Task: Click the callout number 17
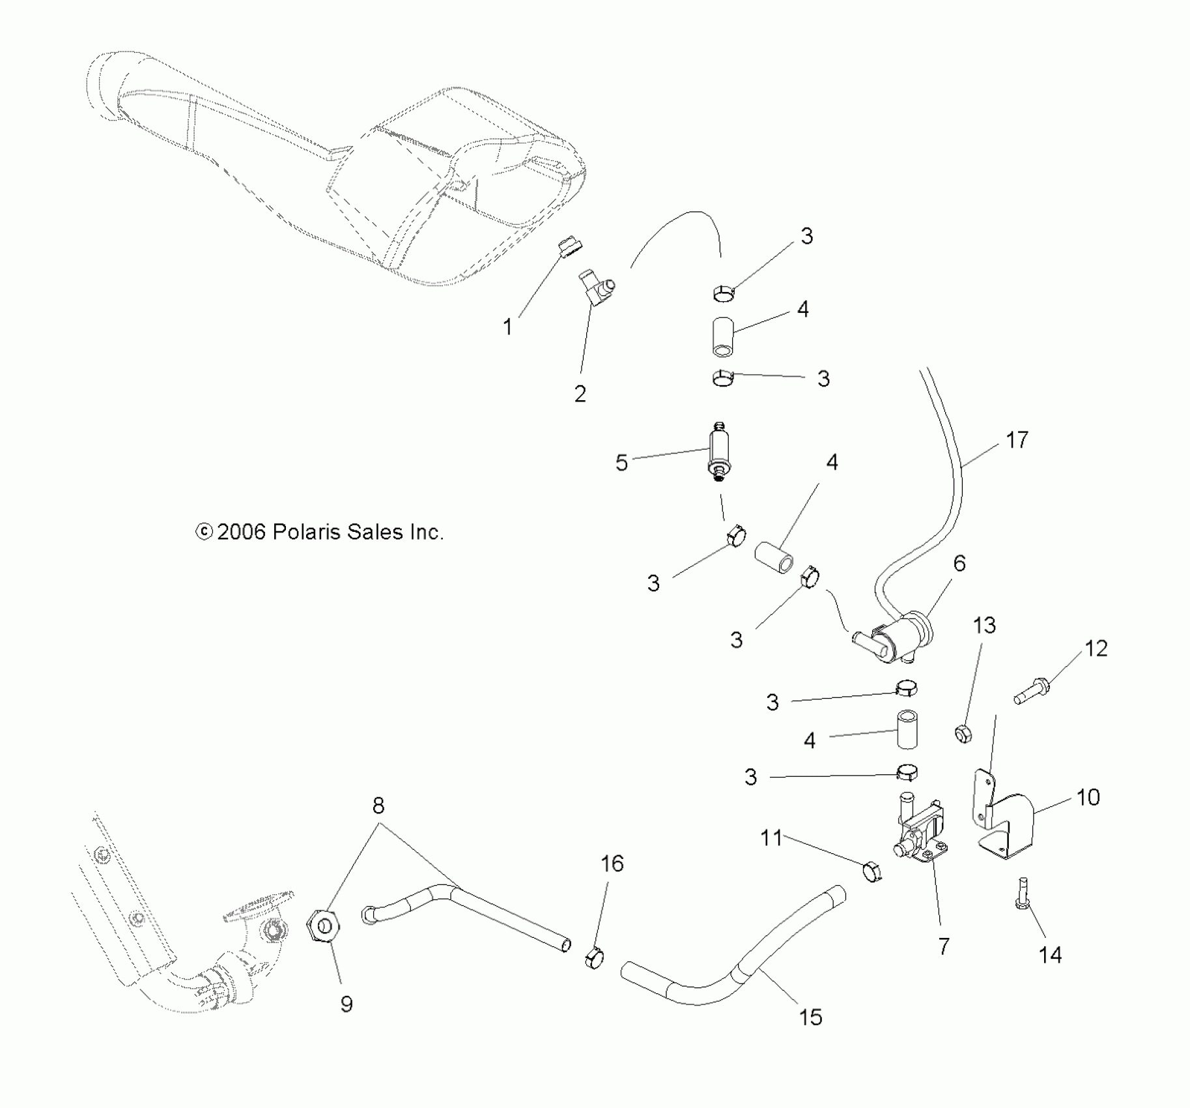click(1017, 441)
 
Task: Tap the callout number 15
click(810, 1017)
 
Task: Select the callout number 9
click(347, 1004)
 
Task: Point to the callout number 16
click(612, 864)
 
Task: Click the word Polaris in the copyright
click(306, 532)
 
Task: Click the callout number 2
click(580, 394)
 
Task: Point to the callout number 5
click(621, 463)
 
